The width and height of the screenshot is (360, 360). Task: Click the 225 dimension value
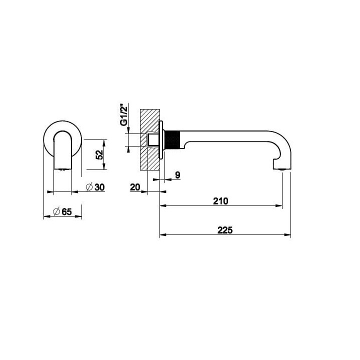click(x=225, y=230)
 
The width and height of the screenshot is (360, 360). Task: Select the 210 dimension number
click(x=220, y=201)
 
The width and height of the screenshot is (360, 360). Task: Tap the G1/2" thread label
click(x=124, y=115)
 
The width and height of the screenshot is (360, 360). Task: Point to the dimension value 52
click(x=99, y=154)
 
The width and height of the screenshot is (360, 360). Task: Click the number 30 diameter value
click(x=99, y=187)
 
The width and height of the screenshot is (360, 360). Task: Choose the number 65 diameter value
click(x=66, y=211)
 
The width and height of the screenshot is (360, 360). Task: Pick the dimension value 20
click(x=135, y=187)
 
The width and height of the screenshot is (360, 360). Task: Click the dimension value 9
click(x=177, y=175)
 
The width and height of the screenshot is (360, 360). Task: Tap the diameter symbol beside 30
click(x=89, y=187)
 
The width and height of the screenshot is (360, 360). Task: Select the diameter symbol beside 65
click(x=56, y=211)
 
